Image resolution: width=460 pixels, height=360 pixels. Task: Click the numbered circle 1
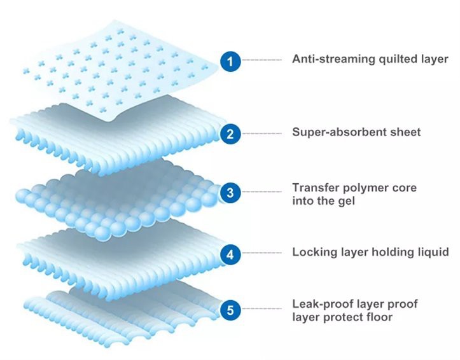[230, 61]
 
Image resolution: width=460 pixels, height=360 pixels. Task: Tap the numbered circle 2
[230, 134]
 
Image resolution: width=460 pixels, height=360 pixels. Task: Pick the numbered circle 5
[230, 310]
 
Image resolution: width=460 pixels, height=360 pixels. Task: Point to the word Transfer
[314, 188]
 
